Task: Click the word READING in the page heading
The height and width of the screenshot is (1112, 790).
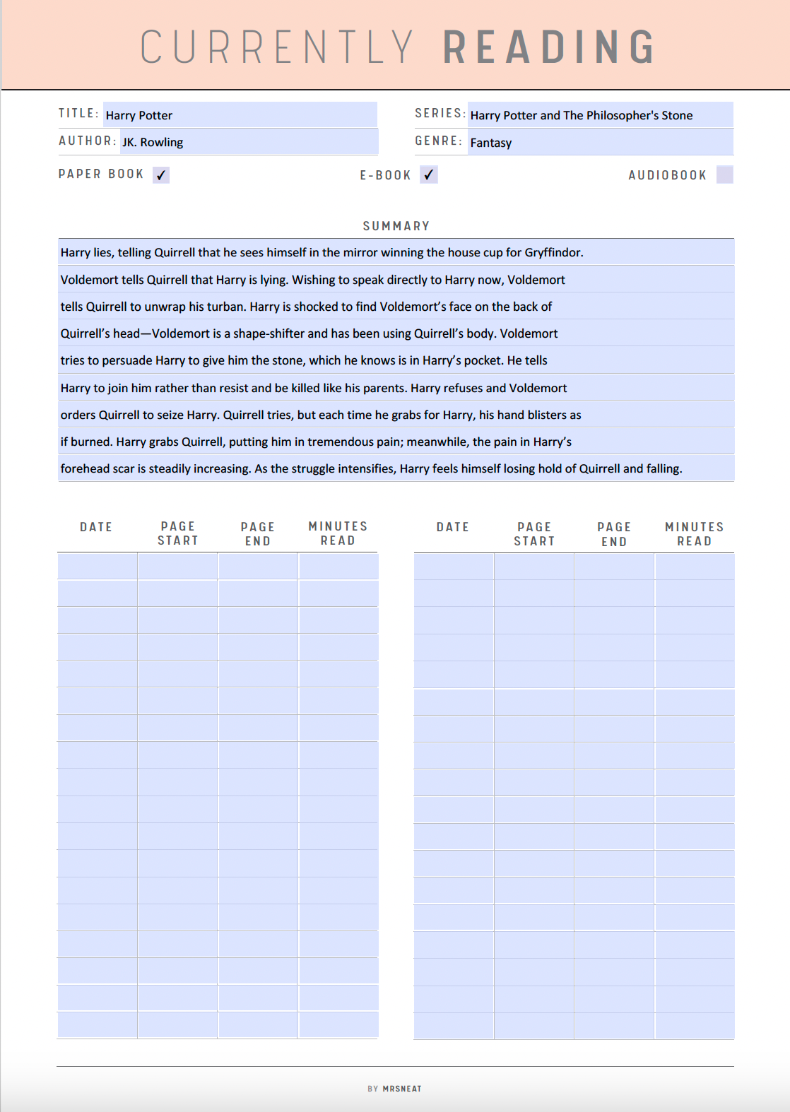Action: coord(549,47)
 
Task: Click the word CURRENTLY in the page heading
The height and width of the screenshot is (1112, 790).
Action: coord(277,47)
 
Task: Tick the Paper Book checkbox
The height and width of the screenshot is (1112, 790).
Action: coord(161,175)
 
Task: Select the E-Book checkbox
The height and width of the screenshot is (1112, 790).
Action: coord(429,175)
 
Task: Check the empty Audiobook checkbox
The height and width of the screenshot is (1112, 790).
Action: coord(724,175)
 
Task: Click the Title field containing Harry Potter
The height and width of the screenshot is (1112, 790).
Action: coord(240,115)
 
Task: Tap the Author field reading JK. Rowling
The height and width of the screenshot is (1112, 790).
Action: coord(249,142)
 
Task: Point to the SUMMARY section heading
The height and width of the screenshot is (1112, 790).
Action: coord(396,226)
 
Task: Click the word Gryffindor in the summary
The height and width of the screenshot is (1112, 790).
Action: coord(553,253)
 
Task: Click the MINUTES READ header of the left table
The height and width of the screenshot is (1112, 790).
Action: coord(338,533)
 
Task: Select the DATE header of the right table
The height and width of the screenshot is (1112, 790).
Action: coord(452,527)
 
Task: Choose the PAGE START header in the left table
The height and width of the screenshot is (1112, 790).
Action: coord(177,533)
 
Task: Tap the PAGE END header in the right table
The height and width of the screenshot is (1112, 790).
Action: coord(613,534)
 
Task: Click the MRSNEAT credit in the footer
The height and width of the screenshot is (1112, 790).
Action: coord(401,1089)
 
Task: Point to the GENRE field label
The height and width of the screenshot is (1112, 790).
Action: coord(438,141)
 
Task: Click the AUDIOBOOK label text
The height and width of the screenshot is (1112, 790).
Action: coord(667,175)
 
